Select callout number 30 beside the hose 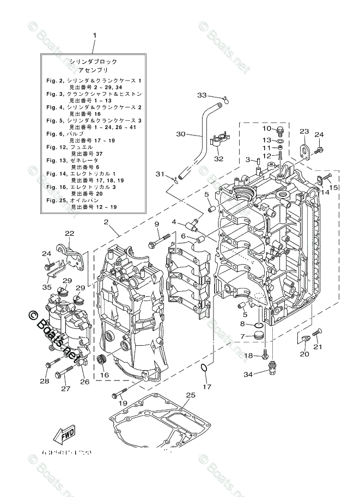tap(181, 133)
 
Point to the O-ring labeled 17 tap(203, 370)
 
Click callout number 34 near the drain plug tap(248, 374)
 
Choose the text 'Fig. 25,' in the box tap(57, 201)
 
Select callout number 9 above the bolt tap(156, 224)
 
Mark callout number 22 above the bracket tap(69, 233)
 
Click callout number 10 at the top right tap(267, 128)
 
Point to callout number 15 tap(333, 188)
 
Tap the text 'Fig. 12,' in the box tap(57, 148)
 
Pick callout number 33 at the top tap(202, 95)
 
